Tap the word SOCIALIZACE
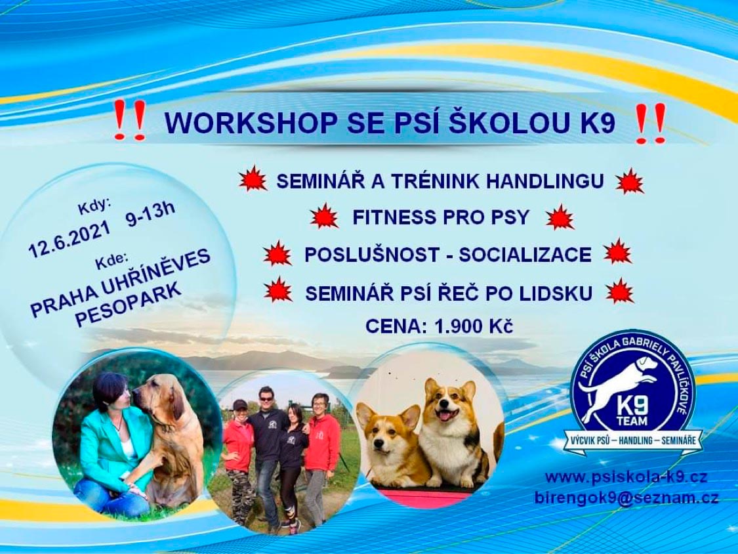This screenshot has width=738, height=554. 525,255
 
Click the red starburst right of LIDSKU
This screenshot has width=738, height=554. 620,291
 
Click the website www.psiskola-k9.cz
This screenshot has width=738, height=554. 626,477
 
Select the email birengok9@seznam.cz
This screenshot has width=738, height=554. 627,498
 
